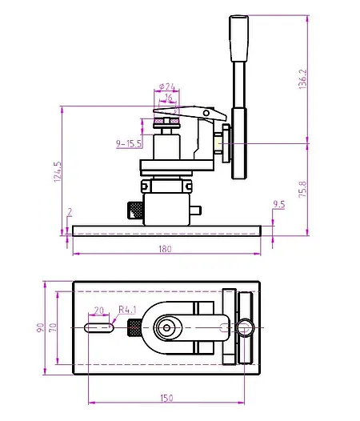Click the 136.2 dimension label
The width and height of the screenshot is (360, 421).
[x=302, y=79]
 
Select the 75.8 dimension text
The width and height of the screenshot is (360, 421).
[x=302, y=190]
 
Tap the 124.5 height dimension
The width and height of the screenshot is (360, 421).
[x=57, y=172]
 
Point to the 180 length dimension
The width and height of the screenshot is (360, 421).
[x=165, y=249]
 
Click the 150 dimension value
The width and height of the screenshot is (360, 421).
[x=166, y=398]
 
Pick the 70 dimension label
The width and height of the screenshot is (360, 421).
[x=53, y=327]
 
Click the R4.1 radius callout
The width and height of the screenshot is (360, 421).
[x=128, y=309]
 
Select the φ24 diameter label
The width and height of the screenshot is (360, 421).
[x=167, y=86]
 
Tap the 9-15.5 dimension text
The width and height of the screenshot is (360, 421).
[x=129, y=143]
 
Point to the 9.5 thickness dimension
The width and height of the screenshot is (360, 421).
[x=279, y=205]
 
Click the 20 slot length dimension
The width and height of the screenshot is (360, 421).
[x=99, y=310]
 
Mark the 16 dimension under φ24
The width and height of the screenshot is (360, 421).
[x=167, y=98]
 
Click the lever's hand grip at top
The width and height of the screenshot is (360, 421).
[x=238, y=38]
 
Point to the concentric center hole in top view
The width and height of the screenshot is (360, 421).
[x=166, y=327]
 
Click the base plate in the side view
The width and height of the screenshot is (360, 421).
[x=166, y=231]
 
